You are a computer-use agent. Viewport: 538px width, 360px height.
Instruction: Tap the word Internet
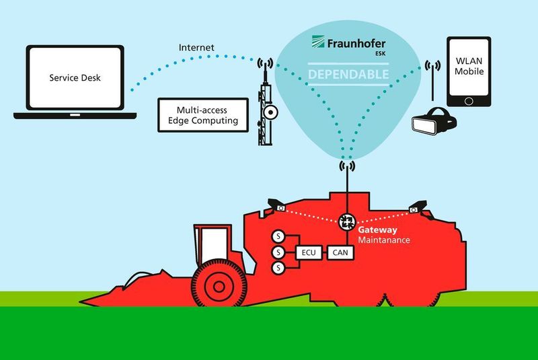(x=197, y=48)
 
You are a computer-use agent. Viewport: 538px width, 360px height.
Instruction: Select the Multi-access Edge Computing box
(x=207, y=114)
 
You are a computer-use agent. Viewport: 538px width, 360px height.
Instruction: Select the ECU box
(x=306, y=253)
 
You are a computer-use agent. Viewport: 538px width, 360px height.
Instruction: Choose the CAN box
(x=338, y=253)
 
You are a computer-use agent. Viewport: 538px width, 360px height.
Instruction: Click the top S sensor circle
(x=276, y=237)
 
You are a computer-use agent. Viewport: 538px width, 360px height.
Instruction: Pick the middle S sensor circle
(x=276, y=253)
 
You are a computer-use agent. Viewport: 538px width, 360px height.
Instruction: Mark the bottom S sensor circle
(x=276, y=269)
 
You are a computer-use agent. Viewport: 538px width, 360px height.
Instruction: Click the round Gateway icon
(x=348, y=220)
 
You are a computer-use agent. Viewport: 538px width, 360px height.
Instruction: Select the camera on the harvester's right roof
(x=418, y=206)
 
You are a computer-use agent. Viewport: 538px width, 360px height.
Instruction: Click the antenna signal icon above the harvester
(x=348, y=165)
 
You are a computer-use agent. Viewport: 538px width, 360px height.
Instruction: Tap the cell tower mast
(x=267, y=108)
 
